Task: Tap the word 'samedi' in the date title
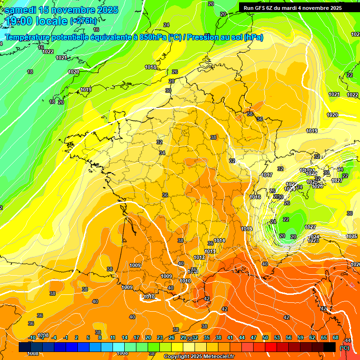pos(22,10)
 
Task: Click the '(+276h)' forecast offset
pos(83,21)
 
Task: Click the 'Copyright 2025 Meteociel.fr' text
pos(199,357)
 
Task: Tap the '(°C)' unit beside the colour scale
pos(345,347)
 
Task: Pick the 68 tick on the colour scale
pos(335,337)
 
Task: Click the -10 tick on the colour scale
pos(32,337)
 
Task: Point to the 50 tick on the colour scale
pos(265,337)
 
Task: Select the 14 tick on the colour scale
pos(125,337)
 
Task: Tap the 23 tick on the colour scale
pos(160,337)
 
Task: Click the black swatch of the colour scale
pos(330,347)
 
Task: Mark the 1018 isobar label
pos(150,67)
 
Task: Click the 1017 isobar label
pos(267,175)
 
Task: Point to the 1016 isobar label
pos(255,197)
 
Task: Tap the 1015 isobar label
pos(247,229)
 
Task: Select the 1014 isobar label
pos(219,241)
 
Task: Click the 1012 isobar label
pos(199,257)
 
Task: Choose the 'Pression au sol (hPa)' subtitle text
pos(225,37)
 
